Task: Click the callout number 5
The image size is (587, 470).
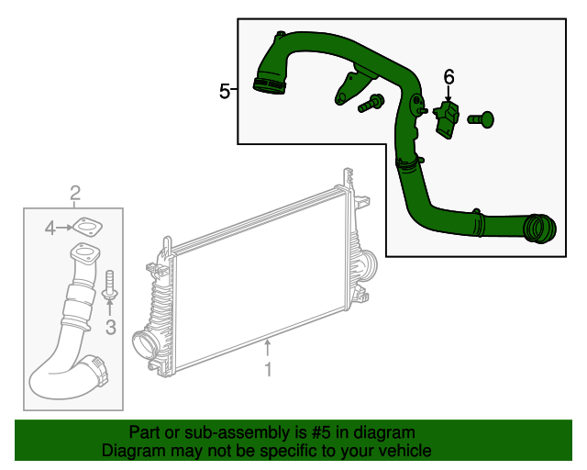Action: point(225,90)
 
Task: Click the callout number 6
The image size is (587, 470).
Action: point(449,76)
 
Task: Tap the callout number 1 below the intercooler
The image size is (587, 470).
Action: point(268,370)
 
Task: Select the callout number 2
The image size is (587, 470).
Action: point(75,192)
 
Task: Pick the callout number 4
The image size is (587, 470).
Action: point(51,226)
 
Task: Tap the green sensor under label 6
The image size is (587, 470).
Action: point(448,120)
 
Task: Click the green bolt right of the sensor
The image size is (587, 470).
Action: point(482,117)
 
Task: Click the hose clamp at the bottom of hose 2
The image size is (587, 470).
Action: point(97,369)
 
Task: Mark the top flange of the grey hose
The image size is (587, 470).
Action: point(83,254)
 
